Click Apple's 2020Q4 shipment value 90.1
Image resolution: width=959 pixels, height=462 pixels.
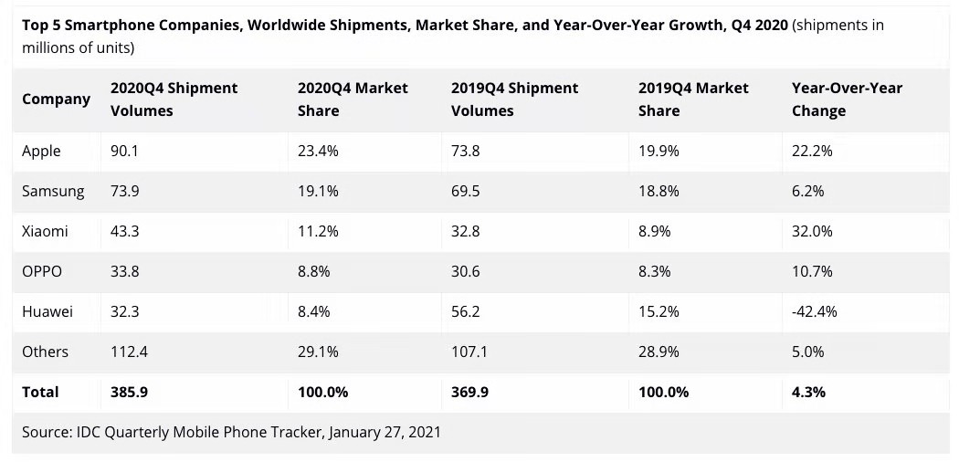(x=124, y=151)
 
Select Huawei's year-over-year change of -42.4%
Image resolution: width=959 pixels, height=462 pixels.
(x=814, y=311)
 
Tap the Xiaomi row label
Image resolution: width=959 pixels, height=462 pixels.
(x=45, y=231)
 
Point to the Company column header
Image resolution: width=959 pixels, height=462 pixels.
(x=56, y=99)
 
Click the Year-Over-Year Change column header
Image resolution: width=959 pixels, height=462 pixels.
(x=847, y=99)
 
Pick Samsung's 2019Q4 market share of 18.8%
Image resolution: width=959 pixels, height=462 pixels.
(x=659, y=191)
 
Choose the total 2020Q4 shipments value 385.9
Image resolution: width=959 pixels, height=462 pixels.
(x=129, y=392)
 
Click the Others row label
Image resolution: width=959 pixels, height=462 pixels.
(x=45, y=352)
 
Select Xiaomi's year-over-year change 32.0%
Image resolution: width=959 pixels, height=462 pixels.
(x=812, y=231)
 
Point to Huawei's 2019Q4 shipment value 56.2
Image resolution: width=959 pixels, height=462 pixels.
(x=466, y=311)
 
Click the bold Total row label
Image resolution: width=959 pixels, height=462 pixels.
(x=40, y=392)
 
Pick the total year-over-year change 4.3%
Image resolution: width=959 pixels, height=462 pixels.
(x=808, y=392)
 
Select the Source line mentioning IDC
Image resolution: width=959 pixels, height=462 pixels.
(x=231, y=431)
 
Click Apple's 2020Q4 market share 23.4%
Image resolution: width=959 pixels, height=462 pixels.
(x=318, y=151)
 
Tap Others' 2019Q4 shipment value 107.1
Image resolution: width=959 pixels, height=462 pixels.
(x=470, y=352)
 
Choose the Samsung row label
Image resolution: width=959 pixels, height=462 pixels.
(x=53, y=191)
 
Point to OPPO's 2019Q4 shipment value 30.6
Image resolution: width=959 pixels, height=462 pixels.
(x=466, y=271)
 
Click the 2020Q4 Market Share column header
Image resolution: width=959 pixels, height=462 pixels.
(x=353, y=99)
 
